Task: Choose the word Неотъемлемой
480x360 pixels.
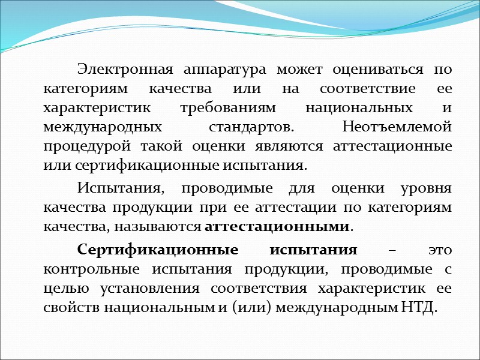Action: click(x=396, y=127)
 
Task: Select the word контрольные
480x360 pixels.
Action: click(x=94, y=269)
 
